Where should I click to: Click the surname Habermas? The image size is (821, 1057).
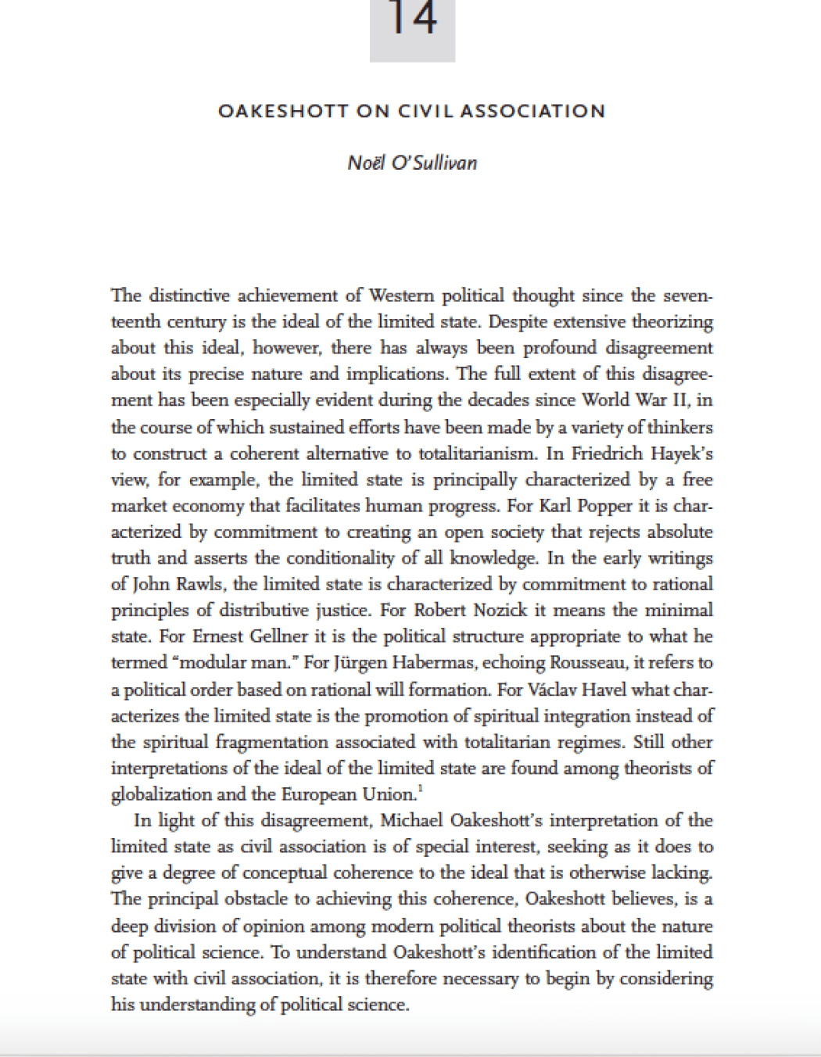click(x=438, y=663)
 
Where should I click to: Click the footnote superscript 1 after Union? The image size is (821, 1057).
click(x=421, y=790)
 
